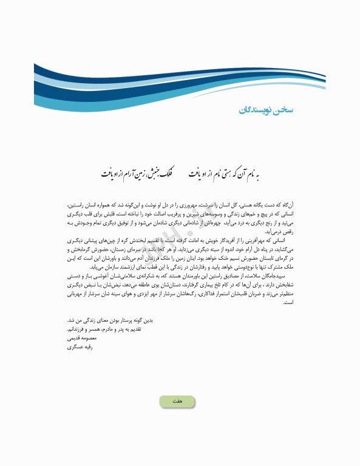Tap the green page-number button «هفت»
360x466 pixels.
177,401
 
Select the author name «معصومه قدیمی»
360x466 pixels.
81,341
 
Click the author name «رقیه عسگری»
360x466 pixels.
80,349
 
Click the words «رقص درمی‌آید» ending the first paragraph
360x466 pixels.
79,232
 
